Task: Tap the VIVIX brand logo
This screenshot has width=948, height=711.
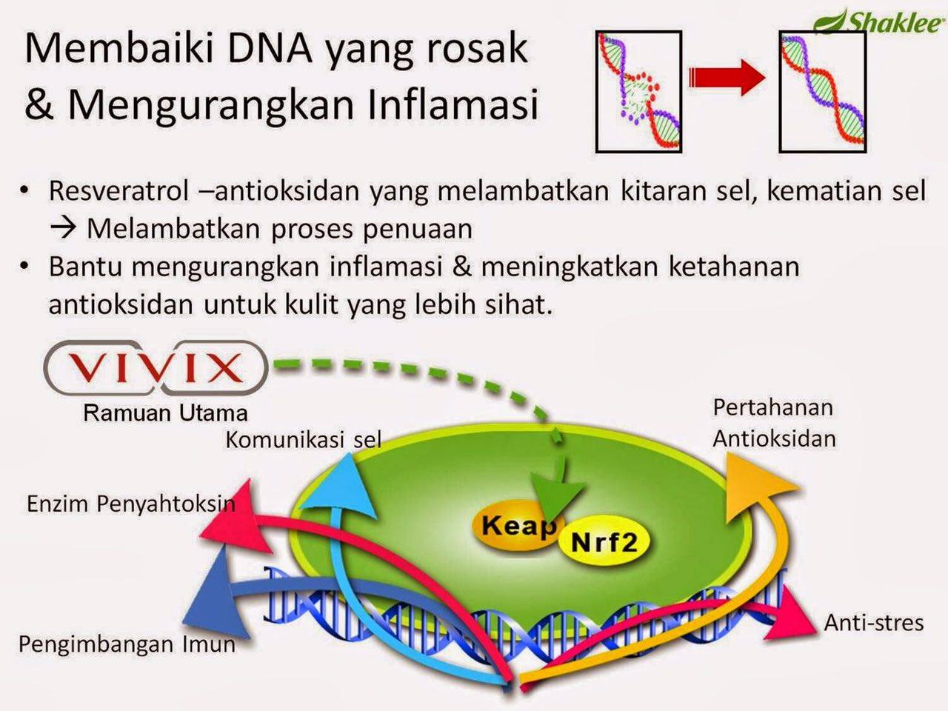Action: point(156,368)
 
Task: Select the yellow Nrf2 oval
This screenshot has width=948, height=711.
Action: point(604,543)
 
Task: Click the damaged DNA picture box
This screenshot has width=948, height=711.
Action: point(638,92)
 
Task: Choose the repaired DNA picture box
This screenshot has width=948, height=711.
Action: point(822,92)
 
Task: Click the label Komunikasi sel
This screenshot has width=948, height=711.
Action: point(303,440)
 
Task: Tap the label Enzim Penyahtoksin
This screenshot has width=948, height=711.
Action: point(130,504)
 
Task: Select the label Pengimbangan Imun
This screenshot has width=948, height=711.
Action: point(127,644)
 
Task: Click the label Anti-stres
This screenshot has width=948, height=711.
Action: point(874,622)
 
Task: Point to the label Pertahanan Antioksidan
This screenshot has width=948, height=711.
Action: point(774,422)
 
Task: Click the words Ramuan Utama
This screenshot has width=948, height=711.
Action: point(165,413)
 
